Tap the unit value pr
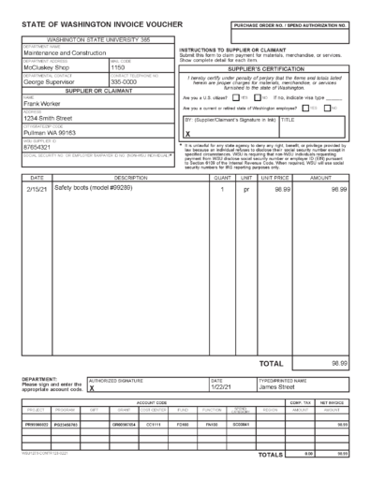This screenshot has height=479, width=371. [247, 190]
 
